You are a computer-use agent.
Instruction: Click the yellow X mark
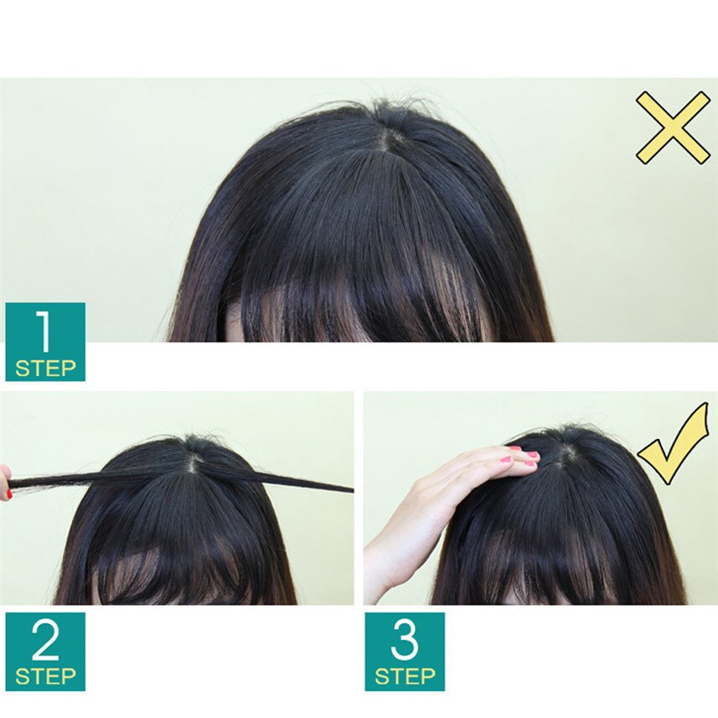[672, 127]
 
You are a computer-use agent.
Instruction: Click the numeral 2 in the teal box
[44, 642]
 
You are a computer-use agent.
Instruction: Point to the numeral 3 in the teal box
[405, 642]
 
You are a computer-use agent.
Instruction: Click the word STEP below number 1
[45, 368]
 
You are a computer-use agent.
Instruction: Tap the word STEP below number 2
[45, 677]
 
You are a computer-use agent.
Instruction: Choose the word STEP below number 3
[405, 677]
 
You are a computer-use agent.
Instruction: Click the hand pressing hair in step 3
[469, 478]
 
